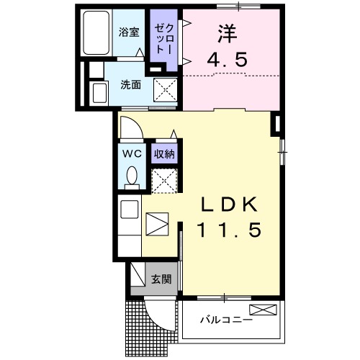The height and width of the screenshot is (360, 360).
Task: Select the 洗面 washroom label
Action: point(130,84)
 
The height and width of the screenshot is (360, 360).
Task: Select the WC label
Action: point(132,154)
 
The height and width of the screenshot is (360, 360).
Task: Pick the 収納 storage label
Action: point(164,153)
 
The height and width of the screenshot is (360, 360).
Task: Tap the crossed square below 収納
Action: point(165,179)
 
